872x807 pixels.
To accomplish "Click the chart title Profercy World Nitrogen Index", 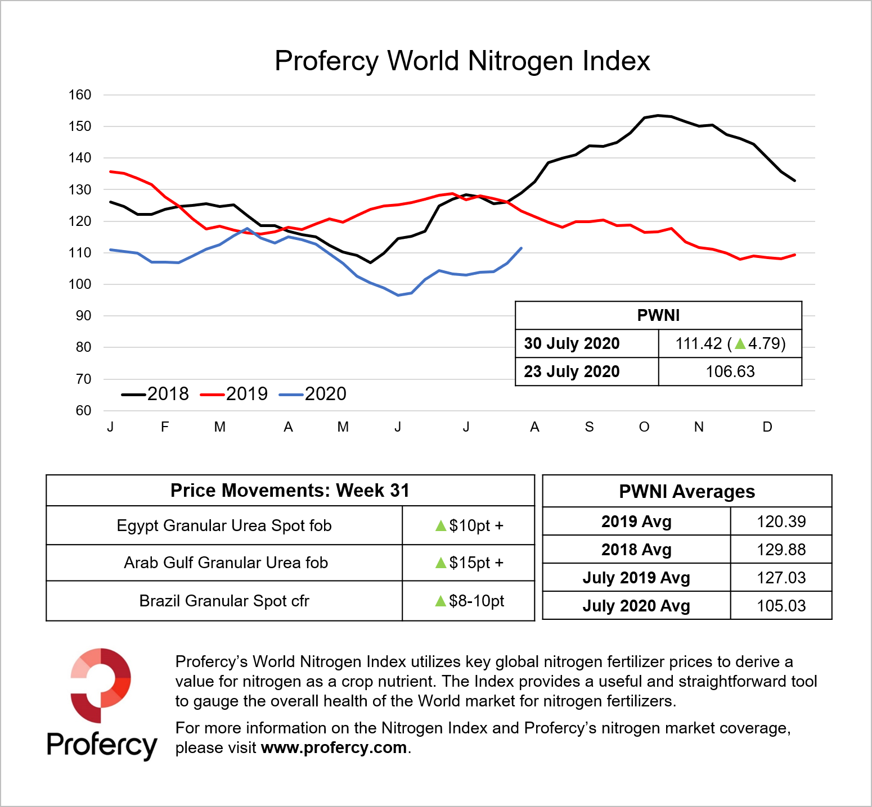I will (x=462, y=61).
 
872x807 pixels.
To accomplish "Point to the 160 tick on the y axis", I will (x=80, y=95).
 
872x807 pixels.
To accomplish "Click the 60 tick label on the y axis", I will (x=83, y=411).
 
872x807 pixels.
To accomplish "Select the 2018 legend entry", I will (x=156, y=394).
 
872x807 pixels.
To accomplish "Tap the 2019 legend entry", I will (x=235, y=394).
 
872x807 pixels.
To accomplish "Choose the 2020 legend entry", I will (x=313, y=394).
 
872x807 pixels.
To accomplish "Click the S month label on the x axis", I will (x=589, y=427).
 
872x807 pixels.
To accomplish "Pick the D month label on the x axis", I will (x=767, y=427).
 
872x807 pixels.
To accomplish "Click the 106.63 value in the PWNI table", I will (x=730, y=371).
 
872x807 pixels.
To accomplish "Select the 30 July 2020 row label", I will (x=572, y=343).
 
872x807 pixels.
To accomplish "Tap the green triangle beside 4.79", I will (x=740, y=343).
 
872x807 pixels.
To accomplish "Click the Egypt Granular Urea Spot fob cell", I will (x=224, y=525).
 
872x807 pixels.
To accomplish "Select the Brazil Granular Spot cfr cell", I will (x=224, y=601).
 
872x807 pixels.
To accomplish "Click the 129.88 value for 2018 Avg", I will (x=781, y=550).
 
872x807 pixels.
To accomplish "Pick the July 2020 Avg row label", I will (x=636, y=606).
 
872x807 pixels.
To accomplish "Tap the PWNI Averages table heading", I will (x=686, y=492).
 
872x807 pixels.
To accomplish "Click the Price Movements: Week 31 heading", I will (x=290, y=491).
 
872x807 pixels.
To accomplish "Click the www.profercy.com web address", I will (x=334, y=747).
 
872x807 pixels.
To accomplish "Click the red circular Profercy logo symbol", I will (x=101, y=685).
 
